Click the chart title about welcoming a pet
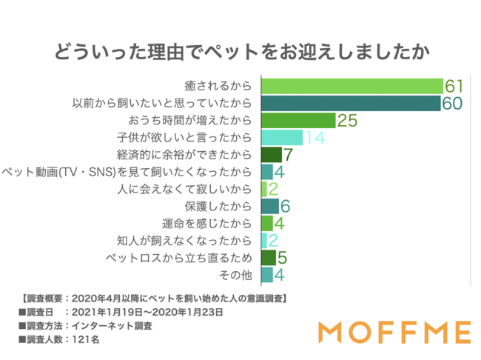240,53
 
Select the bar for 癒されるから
352,85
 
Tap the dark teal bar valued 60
351,103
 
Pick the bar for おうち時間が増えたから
298,120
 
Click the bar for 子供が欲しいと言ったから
282,138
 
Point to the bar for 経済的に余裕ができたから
272,155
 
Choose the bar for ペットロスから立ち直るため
269,258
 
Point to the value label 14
314,138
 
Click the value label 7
289,155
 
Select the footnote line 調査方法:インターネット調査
80,325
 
